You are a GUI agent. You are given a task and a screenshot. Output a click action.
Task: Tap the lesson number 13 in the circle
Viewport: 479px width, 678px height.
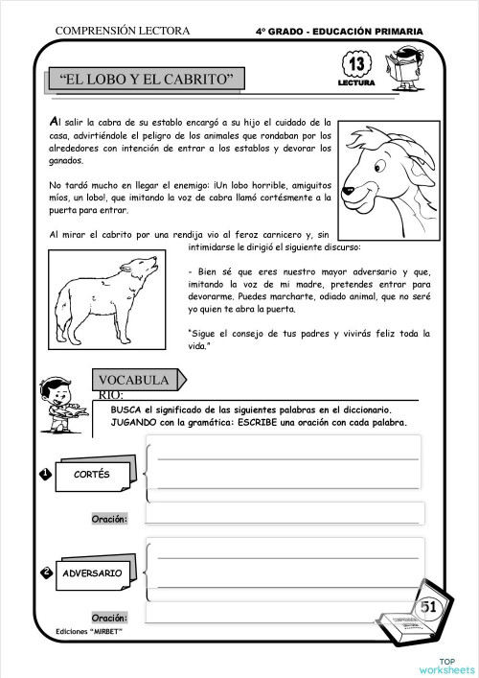(353, 65)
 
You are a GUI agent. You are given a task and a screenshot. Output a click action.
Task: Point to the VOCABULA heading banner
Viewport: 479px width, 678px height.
(133, 381)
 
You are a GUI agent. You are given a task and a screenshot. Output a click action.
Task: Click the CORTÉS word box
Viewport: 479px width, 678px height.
(91, 475)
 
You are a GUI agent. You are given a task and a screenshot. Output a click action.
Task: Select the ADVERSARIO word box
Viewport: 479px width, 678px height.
(92, 573)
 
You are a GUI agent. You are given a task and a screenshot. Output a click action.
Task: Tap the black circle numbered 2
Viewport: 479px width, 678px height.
(45, 573)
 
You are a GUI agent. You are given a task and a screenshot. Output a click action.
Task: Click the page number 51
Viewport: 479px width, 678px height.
(428, 606)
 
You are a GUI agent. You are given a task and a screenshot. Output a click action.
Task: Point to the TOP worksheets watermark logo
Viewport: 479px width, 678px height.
(445, 666)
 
